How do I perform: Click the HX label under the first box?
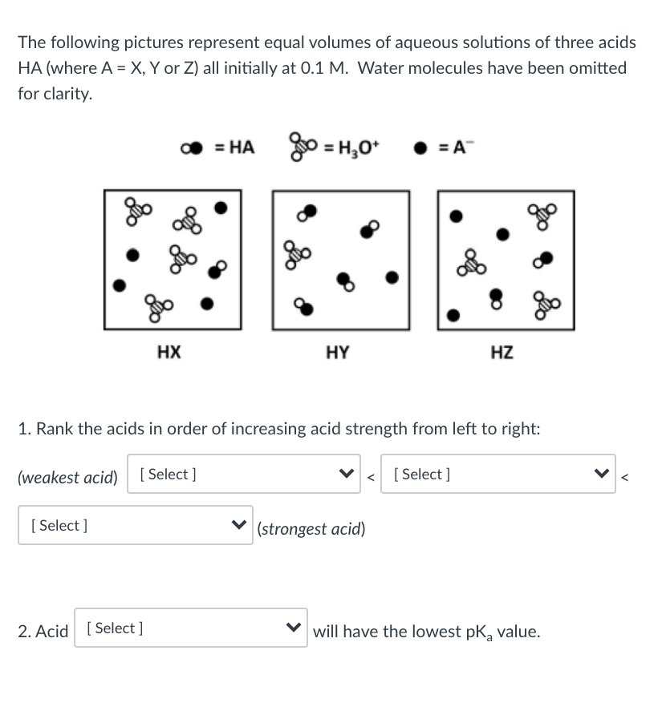click(x=169, y=351)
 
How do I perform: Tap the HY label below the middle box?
click(x=338, y=351)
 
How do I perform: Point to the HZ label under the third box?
click(x=502, y=351)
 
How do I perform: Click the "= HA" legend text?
click(x=234, y=147)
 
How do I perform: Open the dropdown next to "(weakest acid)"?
click(x=246, y=474)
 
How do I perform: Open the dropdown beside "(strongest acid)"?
click(x=135, y=526)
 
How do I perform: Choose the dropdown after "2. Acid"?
click(x=191, y=628)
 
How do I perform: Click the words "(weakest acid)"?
click(x=67, y=478)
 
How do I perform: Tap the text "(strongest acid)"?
click(x=311, y=529)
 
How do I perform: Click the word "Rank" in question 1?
click(x=55, y=428)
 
